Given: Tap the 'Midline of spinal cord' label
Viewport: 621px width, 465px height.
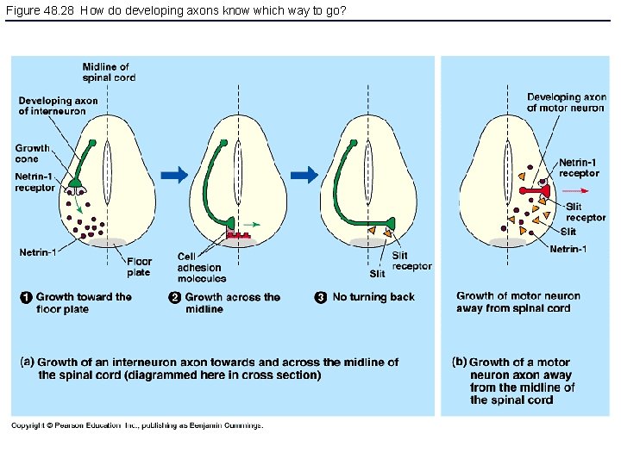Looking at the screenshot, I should (108, 71).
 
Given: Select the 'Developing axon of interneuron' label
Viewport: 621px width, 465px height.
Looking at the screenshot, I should (59, 106).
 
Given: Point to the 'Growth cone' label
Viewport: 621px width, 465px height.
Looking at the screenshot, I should (33, 152).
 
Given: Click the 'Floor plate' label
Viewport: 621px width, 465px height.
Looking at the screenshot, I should (138, 267).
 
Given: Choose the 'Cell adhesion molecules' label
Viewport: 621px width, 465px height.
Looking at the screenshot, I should (201, 267).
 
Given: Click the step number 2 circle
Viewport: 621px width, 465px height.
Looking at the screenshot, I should (174, 298).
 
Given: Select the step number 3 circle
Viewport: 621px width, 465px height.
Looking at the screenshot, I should (320, 298).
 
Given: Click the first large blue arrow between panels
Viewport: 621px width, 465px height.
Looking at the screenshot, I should (174, 176).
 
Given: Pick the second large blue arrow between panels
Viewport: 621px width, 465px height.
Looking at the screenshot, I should (304, 176).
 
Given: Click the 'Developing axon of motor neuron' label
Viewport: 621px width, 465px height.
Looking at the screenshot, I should (567, 102).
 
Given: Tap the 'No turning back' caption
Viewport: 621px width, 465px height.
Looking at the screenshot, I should (373, 297).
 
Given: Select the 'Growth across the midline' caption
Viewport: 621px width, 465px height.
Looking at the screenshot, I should (232, 303).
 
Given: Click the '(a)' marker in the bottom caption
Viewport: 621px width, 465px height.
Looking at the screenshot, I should (27, 363).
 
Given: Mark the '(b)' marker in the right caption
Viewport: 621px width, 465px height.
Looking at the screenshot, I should (459, 363).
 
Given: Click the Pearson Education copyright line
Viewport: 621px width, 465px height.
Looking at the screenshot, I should (137, 425).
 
